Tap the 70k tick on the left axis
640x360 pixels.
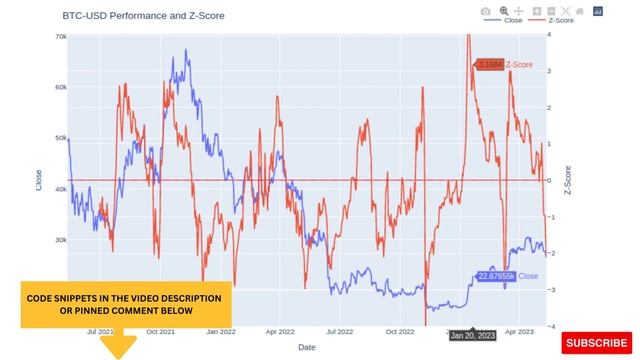coord(61,37)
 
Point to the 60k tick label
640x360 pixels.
coord(61,87)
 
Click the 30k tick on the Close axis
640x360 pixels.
coord(61,240)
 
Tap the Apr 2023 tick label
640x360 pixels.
coord(517,331)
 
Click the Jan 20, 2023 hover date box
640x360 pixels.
coord(470,336)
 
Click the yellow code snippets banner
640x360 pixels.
coord(125,304)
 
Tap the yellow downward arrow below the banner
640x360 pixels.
coord(119,345)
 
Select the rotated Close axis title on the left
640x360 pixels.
coord(39,180)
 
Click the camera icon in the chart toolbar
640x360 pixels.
coord(485,10)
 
